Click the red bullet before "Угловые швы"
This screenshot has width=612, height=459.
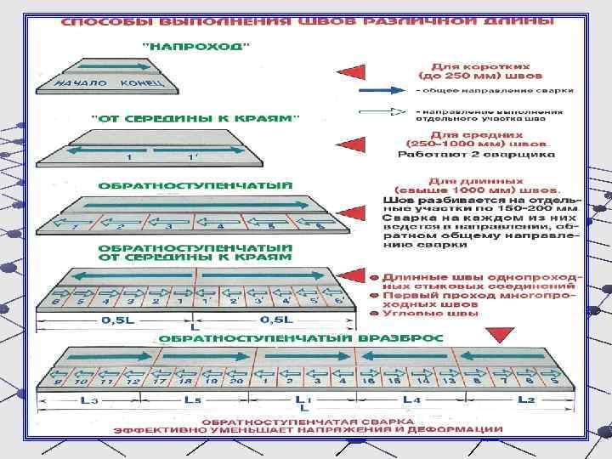click(374, 312)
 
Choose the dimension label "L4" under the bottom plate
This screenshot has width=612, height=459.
click(411, 398)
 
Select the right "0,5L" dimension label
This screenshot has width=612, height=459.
click(274, 320)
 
